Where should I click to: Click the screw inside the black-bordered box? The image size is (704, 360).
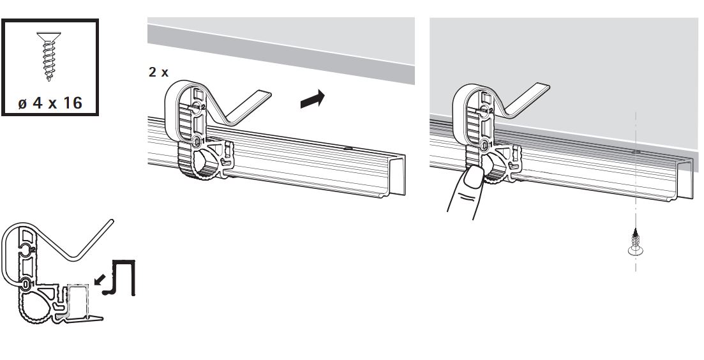pyautogui.click(x=49, y=56)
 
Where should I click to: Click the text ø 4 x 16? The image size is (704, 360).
pyautogui.click(x=50, y=103)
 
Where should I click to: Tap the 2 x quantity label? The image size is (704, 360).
pyautogui.click(x=158, y=72)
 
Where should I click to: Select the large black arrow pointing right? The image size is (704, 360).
pyautogui.click(x=313, y=99)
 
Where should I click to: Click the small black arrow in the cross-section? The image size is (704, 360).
pyautogui.click(x=101, y=279)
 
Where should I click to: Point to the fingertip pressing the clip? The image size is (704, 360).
pyautogui.click(x=474, y=177)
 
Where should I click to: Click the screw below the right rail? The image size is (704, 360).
pyautogui.click(x=635, y=243)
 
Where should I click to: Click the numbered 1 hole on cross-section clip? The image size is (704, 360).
pyautogui.click(x=26, y=283)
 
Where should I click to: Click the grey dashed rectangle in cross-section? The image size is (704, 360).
pyautogui.click(x=78, y=299)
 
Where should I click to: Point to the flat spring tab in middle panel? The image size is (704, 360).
pyautogui.click(x=247, y=107)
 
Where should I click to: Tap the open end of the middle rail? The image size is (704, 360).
pyautogui.click(x=397, y=175)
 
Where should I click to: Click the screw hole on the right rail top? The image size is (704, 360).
pyautogui.click(x=636, y=152)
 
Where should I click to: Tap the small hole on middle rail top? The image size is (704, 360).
pyautogui.click(x=347, y=147)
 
